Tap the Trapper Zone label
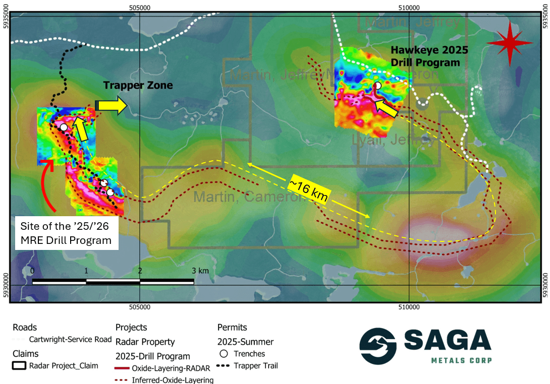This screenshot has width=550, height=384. pos(138,86)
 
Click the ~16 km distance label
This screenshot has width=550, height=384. pos(308,191)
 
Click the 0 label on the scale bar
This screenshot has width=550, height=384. pos(33,271)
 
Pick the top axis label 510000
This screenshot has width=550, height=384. pos(409,8)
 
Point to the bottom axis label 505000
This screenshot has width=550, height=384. pos(140,306)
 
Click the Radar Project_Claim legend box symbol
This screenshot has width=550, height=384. pos(20,365)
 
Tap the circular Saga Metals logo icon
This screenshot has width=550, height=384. pos(378,347)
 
